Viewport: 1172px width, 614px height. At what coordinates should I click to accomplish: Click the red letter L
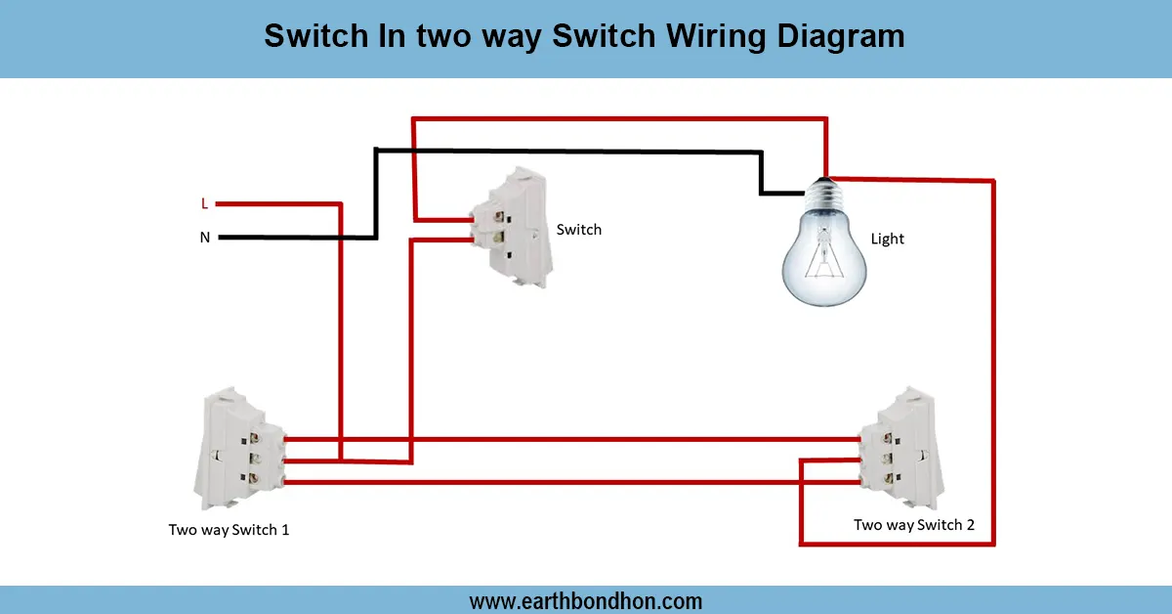coord(204,204)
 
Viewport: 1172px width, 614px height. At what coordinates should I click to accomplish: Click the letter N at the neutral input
coord(204,238)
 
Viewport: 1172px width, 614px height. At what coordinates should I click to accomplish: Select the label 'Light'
coord(887,239)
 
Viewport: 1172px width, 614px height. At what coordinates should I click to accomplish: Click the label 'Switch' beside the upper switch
coord(578,230)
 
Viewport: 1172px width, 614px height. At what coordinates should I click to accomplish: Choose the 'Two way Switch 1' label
coord(229,530)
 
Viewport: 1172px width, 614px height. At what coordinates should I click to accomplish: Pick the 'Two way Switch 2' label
coord(914,525)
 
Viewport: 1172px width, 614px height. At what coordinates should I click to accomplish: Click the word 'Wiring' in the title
coord(718,37)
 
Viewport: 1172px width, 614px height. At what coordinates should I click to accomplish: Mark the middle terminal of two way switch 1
coord(258,456)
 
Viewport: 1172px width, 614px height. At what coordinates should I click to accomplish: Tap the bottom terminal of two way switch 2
coord(888,478)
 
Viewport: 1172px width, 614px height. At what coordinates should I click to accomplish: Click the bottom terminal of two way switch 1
coord(258,478)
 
